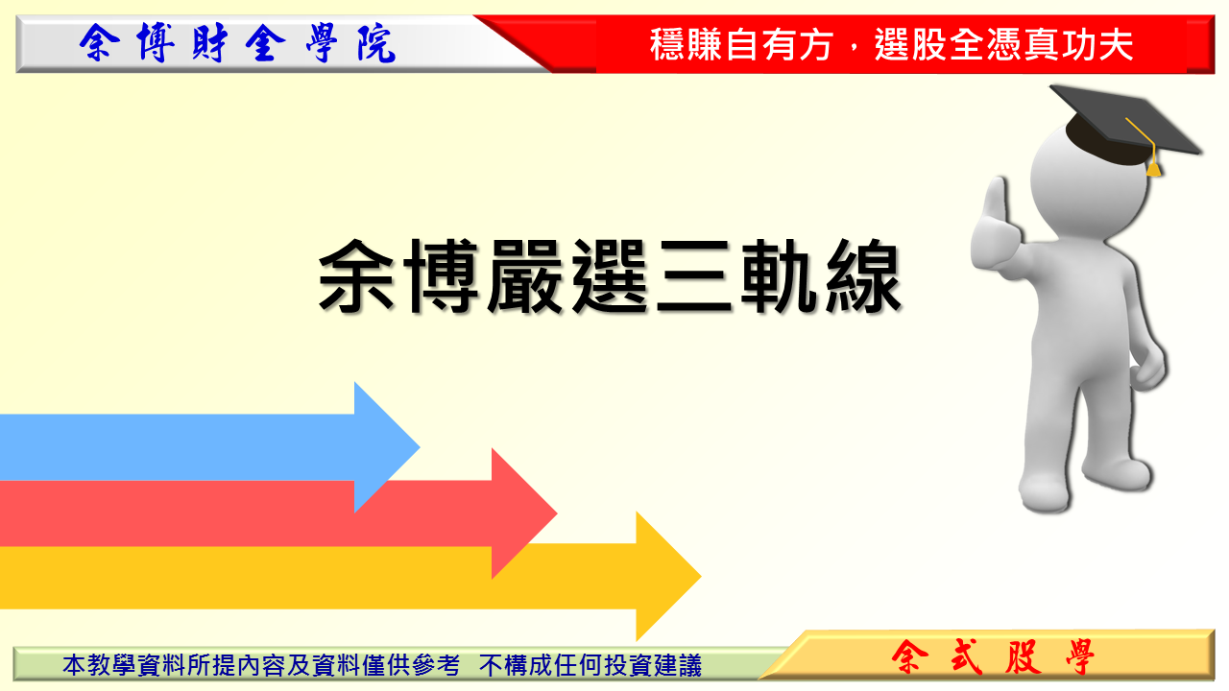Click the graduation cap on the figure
pyautogui.click(x=1124, y=125)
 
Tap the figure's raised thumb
pyautogui.click(x=996, y=203)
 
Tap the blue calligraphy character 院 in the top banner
pyautogui.click(x=376, y=43)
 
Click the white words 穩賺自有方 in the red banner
pyautogui.click(x=741, y=44)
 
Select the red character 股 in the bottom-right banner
pyautogui.click(x=1024, y=657)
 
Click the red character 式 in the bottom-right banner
pyautogui.click(x=967, y=657)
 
